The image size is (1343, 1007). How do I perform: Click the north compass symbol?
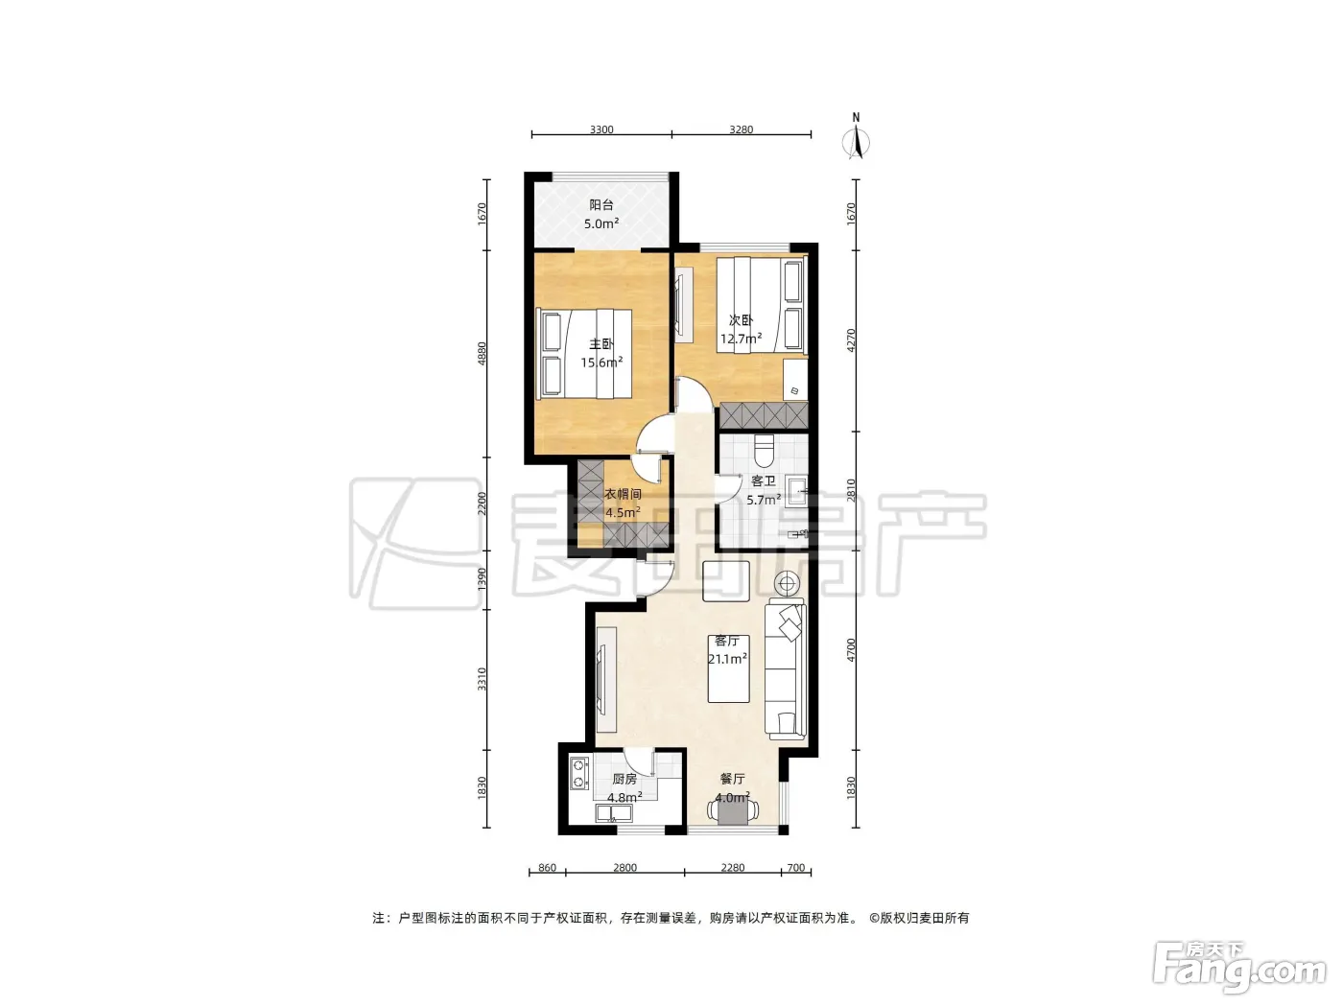coord(856,138)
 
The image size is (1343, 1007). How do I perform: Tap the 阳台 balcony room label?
coord(601,205)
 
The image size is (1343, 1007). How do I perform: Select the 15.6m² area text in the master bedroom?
coord(601,363)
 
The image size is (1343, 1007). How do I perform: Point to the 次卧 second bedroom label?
coord(741,320)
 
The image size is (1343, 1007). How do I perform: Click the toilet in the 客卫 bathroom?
coord(765,451)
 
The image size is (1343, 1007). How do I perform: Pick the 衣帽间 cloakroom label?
coord(623,494)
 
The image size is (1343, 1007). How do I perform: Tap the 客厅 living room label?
coord(727,641)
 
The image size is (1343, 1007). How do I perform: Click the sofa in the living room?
coord(786,670)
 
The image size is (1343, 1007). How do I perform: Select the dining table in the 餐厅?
coord(732,812)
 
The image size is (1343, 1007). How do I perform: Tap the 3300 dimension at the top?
coord(601,129)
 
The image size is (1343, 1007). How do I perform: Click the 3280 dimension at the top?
coord(741,129)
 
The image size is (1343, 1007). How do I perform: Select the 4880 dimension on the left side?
coord(483,353)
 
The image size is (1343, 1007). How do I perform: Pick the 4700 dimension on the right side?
coord(851,650)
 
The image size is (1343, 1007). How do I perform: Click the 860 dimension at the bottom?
coord(547,868)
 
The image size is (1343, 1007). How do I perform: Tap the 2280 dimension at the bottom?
coord(732,868)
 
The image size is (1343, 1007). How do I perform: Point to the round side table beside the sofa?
coord(787,584)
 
